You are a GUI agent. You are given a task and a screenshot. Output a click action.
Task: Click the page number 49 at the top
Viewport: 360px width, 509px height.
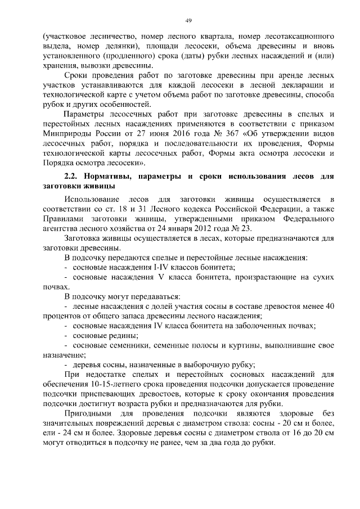pyautogui.click(x=188, y=21)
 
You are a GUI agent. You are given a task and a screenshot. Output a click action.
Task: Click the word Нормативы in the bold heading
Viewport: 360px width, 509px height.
pyautogui.click(x=110, y=176)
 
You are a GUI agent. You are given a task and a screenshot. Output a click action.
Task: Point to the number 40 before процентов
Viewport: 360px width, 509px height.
pyautogui.click(x=331, y=306)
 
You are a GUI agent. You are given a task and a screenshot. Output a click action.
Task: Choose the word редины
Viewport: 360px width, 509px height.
pyautogui.click(x=123, y=335)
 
